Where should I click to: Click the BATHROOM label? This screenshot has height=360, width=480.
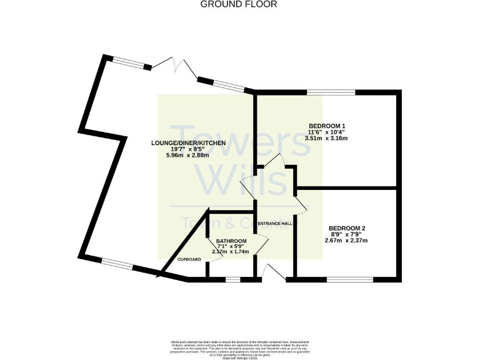tap(231, 241)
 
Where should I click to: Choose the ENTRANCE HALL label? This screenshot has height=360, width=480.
tap(275, 223)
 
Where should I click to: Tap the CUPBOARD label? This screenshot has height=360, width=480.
tap(189, 259)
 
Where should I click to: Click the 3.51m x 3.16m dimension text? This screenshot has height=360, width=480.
tap(327, 138)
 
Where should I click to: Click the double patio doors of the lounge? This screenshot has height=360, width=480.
tap(174, 67)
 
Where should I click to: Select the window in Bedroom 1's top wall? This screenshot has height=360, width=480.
tap(331, 92)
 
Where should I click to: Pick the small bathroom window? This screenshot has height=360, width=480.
tap(232, 279)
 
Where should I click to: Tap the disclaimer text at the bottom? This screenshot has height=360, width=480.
tap(239, 347)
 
